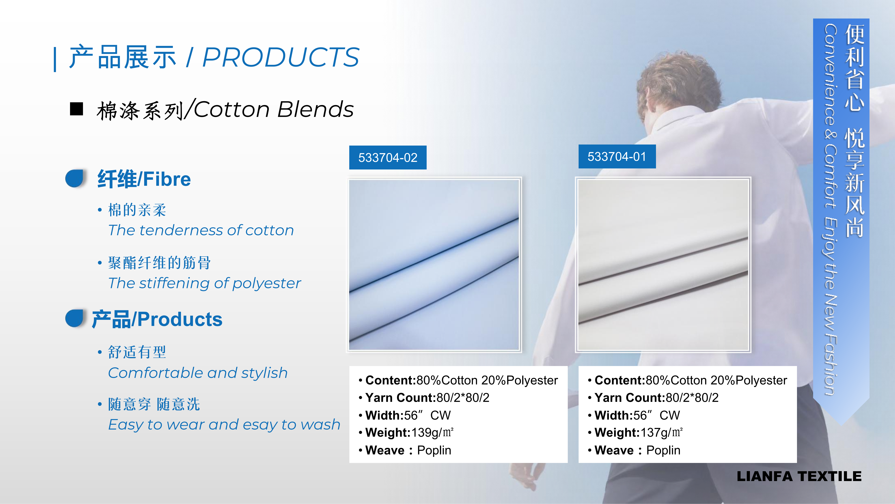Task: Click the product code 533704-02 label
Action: click(x=388, y=158)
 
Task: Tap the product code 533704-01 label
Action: click(x=617, y=157)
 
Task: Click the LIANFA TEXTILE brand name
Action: click(x=799, y=476)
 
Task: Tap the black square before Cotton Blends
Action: click(x=76, y=109)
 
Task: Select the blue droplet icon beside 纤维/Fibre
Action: click(x=75, y=178)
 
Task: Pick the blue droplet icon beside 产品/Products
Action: click(x=75, y=318)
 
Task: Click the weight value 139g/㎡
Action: click(x=432, y=432)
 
